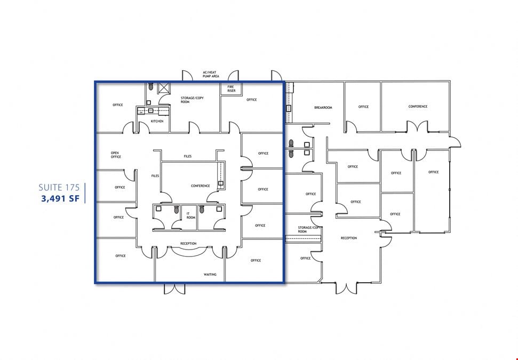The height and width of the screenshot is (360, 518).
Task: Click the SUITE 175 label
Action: pyautogui.click(x=59, y=188)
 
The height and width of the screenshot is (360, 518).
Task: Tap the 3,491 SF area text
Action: pyautogui.click(x=60, y=198)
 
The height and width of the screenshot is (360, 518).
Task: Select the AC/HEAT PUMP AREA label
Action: pyautogui.click(x=211, y=74)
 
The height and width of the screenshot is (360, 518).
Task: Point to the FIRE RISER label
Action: pyautogui.click(x=231, y=89)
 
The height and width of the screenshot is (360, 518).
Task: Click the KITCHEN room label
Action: pyautogui.click(x=157, y=121)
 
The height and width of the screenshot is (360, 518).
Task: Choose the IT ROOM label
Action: pyautogui.click(x=190, y=215)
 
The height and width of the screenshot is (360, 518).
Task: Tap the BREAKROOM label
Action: pyautogui.click(x=323, y=108)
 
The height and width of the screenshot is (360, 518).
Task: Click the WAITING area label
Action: pyautogui.click(x=210, y=275)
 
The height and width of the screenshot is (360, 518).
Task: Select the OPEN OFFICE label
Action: pyautogui.click(x=116, y=155)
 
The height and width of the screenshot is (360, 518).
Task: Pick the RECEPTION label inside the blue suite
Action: pyautogui.click(x=188, y=244)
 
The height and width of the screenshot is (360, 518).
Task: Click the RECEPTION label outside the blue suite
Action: pyautogui.click(x=349, y=238)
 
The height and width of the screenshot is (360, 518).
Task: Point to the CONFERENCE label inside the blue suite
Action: pyautogui.click(x=201, y=186)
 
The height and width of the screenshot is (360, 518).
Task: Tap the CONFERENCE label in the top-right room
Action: pyautogui.click(x=418, y=107)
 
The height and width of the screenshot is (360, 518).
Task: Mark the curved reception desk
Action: pyautogui.click(x=189, y=252)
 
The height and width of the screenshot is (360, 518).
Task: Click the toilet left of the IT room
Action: pyautogui.click(x=177, y=209)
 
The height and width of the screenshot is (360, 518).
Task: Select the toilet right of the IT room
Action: pyautogui.click(x=202, y=209)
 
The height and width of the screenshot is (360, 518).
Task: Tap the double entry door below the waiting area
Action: pyautogui.click(x=175, y=289)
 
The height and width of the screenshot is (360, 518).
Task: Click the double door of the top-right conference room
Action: pyautogui.click(x=417, y=127)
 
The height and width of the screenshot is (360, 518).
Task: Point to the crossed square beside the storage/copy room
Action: pyautogui.click(x=163, y=88)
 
